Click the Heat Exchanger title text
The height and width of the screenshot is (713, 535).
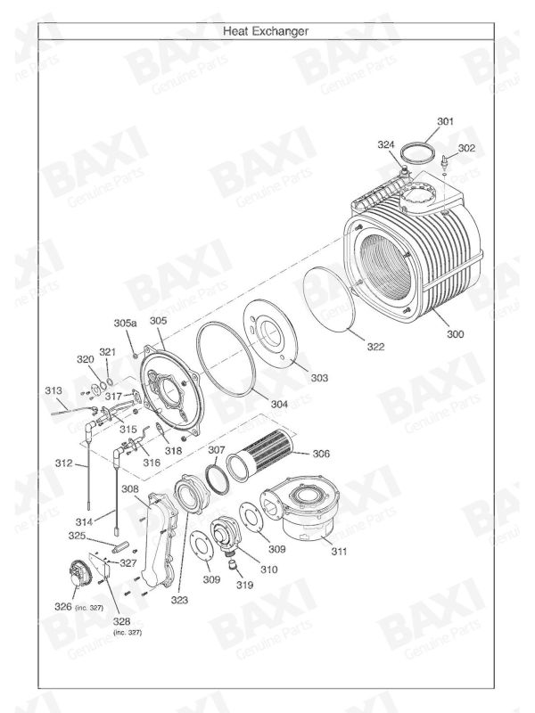pos(266,30)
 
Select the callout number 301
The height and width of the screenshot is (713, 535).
pos(445,121)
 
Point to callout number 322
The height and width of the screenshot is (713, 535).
pos(375,347)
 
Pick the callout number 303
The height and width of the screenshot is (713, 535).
pos(318,378)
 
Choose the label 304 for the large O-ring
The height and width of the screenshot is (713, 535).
pos(279,404)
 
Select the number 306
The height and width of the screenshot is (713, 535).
pos(320,454)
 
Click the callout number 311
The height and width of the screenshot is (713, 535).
pos(339,553)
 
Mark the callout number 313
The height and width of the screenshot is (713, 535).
pos(53,390)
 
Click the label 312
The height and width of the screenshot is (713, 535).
pos(63,463)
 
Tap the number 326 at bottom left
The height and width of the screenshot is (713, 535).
pos(62,607)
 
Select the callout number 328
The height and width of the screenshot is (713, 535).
pos(120,620)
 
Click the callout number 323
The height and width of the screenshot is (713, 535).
pos(181,601)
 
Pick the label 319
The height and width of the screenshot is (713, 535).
pos(244,585)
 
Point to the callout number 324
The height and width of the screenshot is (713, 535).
pos(385,144)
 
